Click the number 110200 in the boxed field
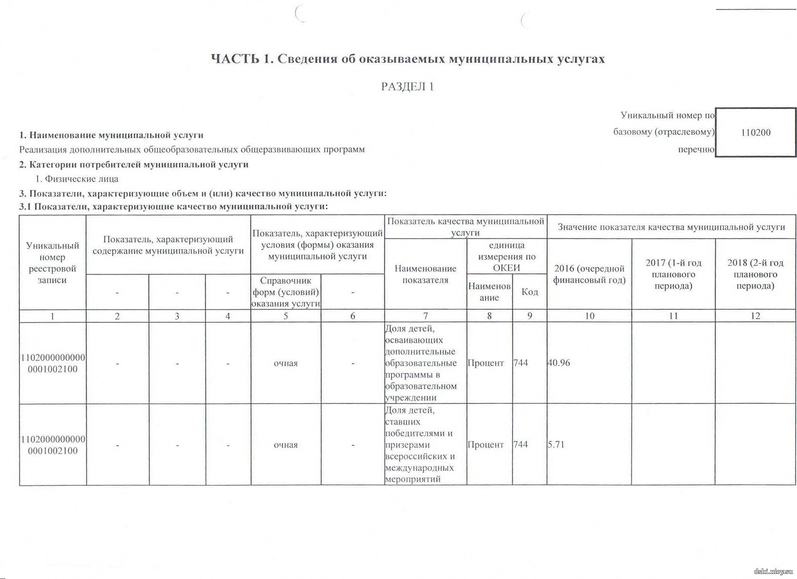pyautogui.click(x=756, y=133)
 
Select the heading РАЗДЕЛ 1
pyautogui.click(x=407, y=87)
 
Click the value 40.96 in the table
pyautogui.click(x=559, y=363)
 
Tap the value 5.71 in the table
pyautogui.click(x=556, y=445)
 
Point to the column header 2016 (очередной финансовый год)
pyautogui.click(x=589, y=274)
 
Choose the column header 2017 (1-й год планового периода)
pyautogui.click(x=673, y=274)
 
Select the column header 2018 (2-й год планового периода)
pyautogui.click(x=755, y=274)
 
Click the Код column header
pyautogui.click(x=530, y=292)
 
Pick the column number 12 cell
pyautogui.click(x=755, y=316)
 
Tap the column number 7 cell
pyautogui.click(x=425, y=316)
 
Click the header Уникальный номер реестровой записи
pyautogui.click(x=53, y=263)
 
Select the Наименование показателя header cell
pyautogui.click(x=425, y=274)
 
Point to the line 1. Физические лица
pyautogui.click(x=77, y=179)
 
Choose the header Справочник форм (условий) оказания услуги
pyautogui.click(x=286, y=292)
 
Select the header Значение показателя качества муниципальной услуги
pyautogui.click(x=671, y=227)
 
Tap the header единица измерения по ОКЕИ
pyautogui.click(x=506, y=256)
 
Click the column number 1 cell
pyautogui.click(x=53, y=316)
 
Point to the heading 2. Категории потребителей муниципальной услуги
pyautogui.click(x=134, y=165)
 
